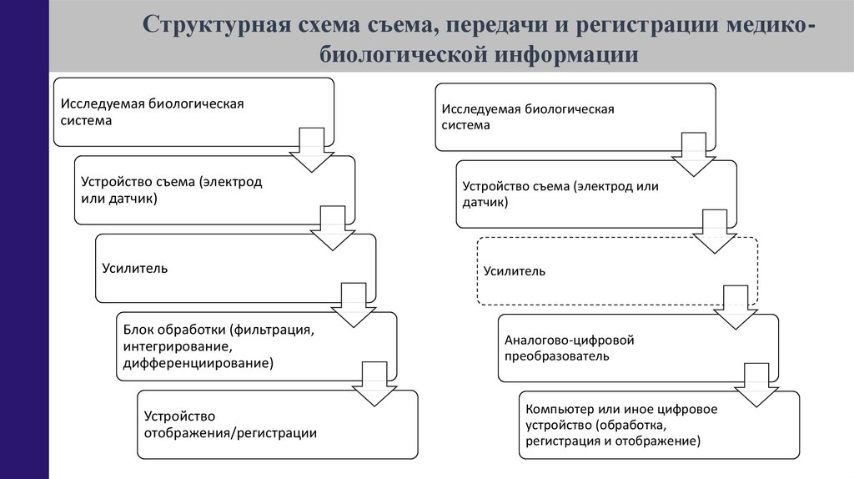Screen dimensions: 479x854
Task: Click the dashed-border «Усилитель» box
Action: [616, 271]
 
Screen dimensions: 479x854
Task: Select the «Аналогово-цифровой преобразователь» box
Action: [637, 348]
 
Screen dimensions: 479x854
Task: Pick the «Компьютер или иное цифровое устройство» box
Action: [659, 425]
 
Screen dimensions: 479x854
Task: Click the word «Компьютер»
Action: [557, 410]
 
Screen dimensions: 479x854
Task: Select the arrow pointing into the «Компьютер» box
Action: [756, 385]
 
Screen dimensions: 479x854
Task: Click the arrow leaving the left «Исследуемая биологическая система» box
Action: [310, 149]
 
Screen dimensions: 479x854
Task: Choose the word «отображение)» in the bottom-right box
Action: [666, 440]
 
